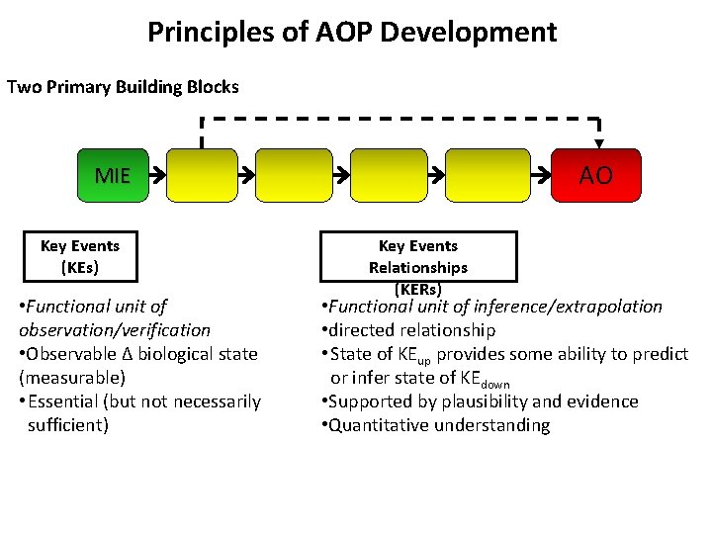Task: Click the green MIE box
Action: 112,176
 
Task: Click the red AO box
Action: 595,176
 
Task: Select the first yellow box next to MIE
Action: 203,176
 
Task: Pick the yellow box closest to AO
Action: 488,176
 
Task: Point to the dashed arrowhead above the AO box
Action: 598,144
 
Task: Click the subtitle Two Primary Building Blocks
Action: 123,87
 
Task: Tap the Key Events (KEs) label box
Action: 80,257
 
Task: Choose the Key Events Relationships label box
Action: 417,257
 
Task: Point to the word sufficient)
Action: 68,425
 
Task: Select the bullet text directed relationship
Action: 412,330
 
